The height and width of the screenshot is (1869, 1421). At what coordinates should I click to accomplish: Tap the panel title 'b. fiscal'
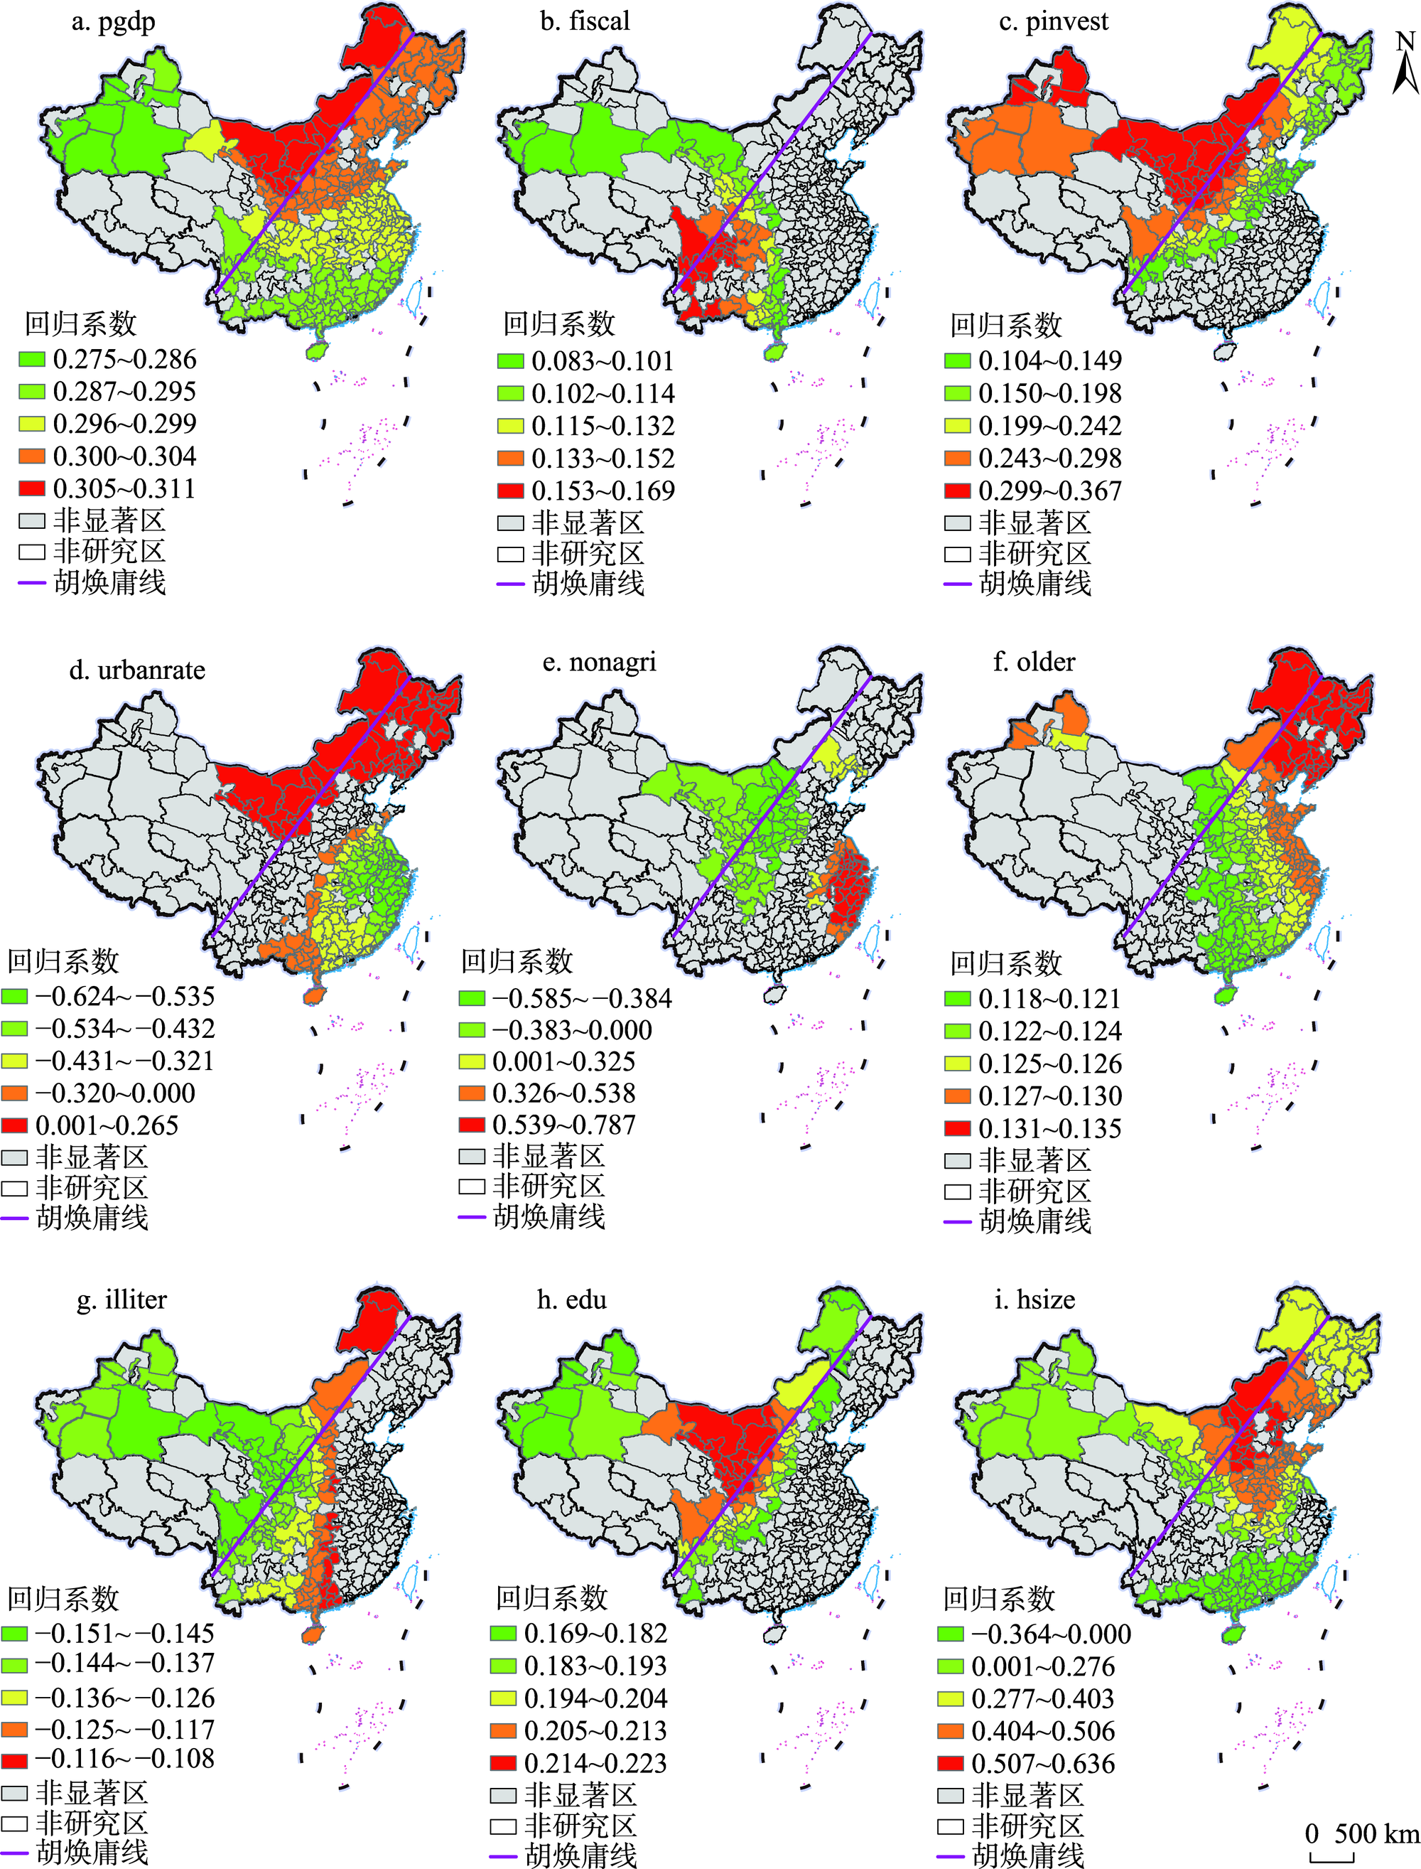[x=585, y=22]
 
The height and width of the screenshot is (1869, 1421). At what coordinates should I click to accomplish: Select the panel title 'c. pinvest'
[x=1053, y=22]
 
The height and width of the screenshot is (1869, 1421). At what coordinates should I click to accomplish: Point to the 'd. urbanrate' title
[x=137, y=671]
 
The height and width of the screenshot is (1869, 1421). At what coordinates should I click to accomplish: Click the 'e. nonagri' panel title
[x=599, y=663]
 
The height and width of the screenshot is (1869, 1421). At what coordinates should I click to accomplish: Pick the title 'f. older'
[x=1034, y=663]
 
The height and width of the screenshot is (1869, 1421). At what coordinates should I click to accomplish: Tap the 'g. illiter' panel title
[x=121, y=1300]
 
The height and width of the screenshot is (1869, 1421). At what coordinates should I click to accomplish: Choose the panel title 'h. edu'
[x=572, y=1300]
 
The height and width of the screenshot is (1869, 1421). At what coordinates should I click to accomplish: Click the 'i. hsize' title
[x=1034, y=1300]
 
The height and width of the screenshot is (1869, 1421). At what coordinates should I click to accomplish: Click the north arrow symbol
[x=1405, y=63]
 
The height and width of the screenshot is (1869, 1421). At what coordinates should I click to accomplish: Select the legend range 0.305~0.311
[x=124, y=489]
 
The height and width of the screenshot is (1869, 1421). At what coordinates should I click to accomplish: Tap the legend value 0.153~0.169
[x=603, y=491]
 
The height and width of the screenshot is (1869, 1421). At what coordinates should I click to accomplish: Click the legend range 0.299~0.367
[x=1049, y=491]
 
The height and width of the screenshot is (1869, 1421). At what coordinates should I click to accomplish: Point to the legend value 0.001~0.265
[x=107, y=1126]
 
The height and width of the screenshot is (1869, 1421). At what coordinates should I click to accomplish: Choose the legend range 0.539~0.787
[x=563, y=1125]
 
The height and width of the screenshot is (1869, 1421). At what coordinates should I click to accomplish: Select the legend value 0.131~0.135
[x=1049, y=1129]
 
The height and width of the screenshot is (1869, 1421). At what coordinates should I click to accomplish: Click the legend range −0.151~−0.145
[x=124, y=1633]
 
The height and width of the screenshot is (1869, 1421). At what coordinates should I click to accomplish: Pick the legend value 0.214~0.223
[x=595, y=1763]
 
